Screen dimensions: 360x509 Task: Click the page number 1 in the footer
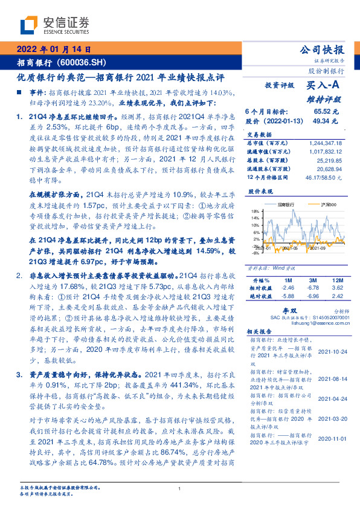coord(180,489)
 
